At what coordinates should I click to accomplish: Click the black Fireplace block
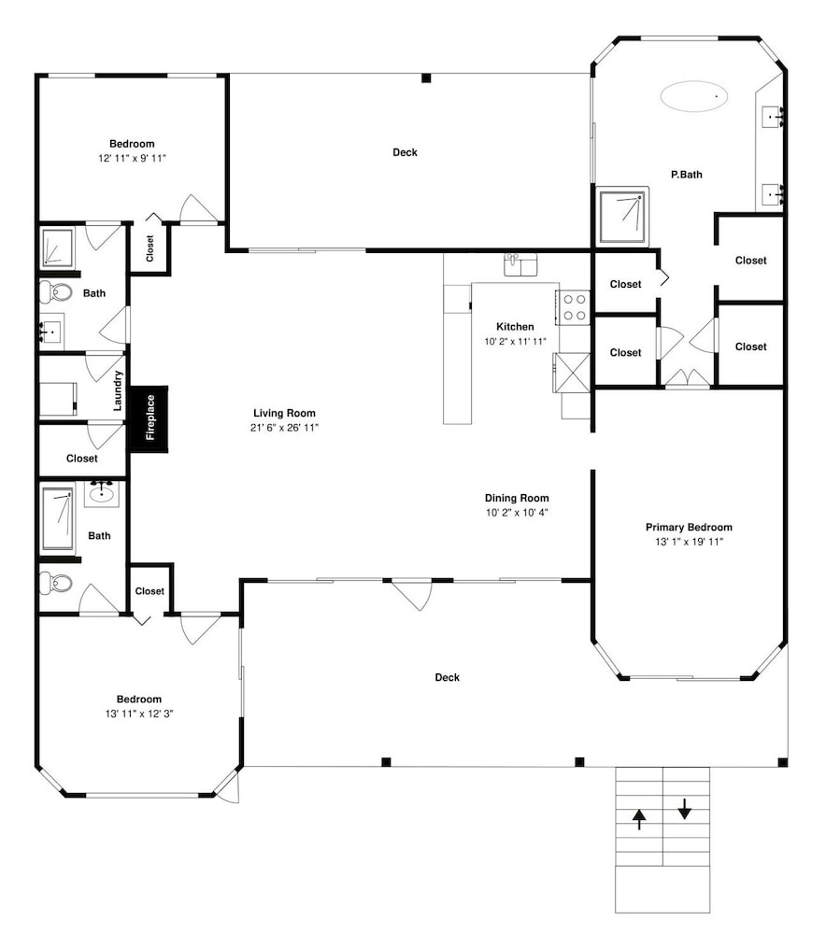149,418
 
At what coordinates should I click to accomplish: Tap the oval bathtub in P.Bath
694,96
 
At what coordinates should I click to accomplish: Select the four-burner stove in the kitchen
574,307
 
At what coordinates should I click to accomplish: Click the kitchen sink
520,264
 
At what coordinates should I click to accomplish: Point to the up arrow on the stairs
639,819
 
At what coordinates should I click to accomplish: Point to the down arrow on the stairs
685,808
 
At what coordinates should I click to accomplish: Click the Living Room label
284,413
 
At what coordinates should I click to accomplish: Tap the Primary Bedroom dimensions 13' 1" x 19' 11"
689,542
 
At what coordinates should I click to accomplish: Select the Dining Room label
517,498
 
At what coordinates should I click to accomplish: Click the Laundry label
118,390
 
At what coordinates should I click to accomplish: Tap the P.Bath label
687,175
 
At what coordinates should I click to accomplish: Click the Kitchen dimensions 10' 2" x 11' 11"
516,341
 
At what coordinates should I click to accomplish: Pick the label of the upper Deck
406,152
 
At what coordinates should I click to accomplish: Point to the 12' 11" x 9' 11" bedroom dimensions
133,159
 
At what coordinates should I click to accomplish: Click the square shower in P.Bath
622,217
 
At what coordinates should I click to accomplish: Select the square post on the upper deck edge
426,78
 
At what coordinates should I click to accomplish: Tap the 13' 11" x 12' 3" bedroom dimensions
139,714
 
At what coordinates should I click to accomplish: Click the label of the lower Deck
448,677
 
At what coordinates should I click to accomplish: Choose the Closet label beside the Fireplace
82,458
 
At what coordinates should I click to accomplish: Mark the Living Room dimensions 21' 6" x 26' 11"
285,427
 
